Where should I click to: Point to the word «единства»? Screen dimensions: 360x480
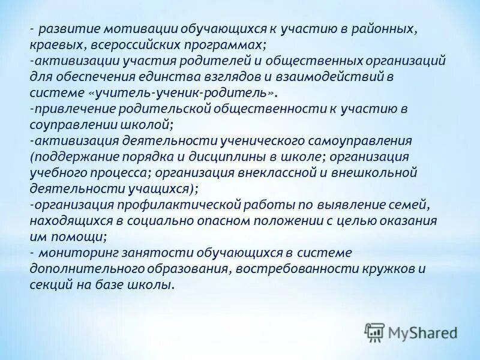point(165,77)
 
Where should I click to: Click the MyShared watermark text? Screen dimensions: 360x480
point(423,332)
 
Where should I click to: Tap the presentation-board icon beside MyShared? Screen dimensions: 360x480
point(374,332)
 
